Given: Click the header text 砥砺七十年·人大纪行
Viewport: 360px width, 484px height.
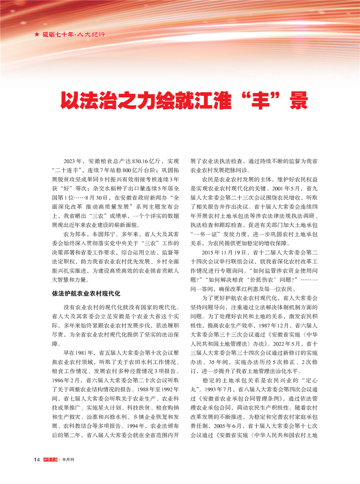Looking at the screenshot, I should pyautogui.click(x=74, y=35).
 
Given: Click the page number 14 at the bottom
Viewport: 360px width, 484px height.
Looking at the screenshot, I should pyautogui.click(x=38, y=460).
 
